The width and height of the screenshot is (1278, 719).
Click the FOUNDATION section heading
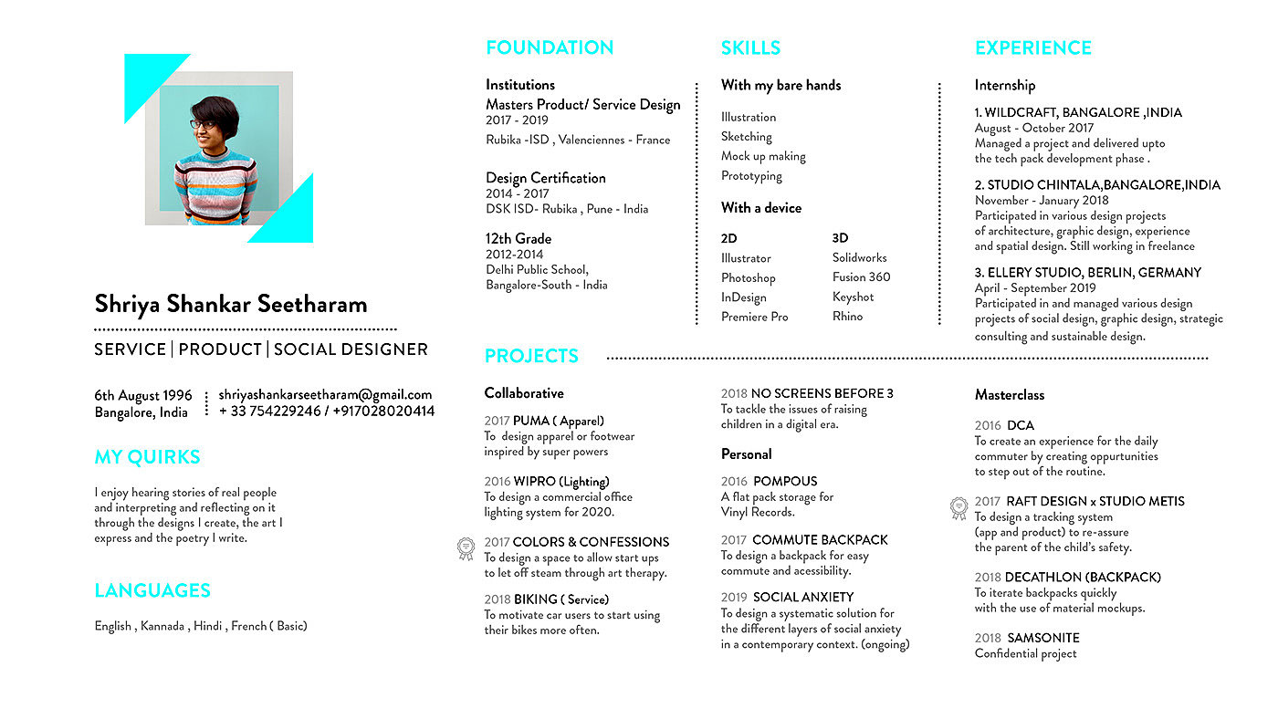point(550,47)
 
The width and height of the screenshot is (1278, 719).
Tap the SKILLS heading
point(750,47)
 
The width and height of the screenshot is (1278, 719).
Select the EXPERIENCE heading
point(1032,47)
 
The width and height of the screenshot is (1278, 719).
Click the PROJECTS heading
point(531,356)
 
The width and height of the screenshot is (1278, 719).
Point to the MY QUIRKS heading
point(147,457)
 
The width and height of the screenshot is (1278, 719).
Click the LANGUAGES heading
point(152,590)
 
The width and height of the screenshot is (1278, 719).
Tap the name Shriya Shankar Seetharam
point(231,304)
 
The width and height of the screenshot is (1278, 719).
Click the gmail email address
point(325,395)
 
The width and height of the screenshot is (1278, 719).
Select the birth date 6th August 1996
point(143,395)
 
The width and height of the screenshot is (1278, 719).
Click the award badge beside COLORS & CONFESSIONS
point(466,548)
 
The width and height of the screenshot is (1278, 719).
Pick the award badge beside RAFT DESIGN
point(958,507)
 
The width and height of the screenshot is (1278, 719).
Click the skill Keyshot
point(853,297)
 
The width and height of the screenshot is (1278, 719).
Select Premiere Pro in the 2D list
point(754,317)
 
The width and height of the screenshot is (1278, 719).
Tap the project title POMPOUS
point(785,481)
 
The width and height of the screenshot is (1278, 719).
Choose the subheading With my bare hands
point(780,85)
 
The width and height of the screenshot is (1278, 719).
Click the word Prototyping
point(751,176)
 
